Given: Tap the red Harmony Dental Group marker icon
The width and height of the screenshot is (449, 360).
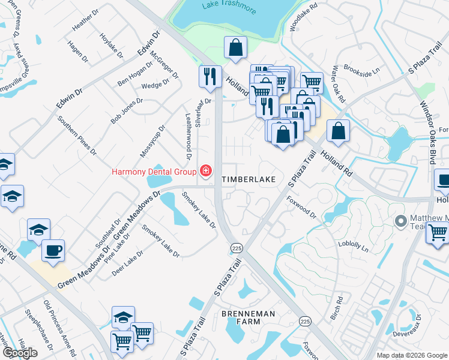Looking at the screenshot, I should click(x=205, y=172).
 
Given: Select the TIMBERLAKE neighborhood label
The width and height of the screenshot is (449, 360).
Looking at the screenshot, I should click(x=249, y=179).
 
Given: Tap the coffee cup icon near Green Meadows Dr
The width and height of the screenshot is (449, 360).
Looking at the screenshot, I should click(x=53, y=251).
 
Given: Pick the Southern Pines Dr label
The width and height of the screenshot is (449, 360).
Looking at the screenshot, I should click(x=76, y=134).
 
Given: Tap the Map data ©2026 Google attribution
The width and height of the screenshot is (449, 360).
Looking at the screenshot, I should click(x=412, y=355).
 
